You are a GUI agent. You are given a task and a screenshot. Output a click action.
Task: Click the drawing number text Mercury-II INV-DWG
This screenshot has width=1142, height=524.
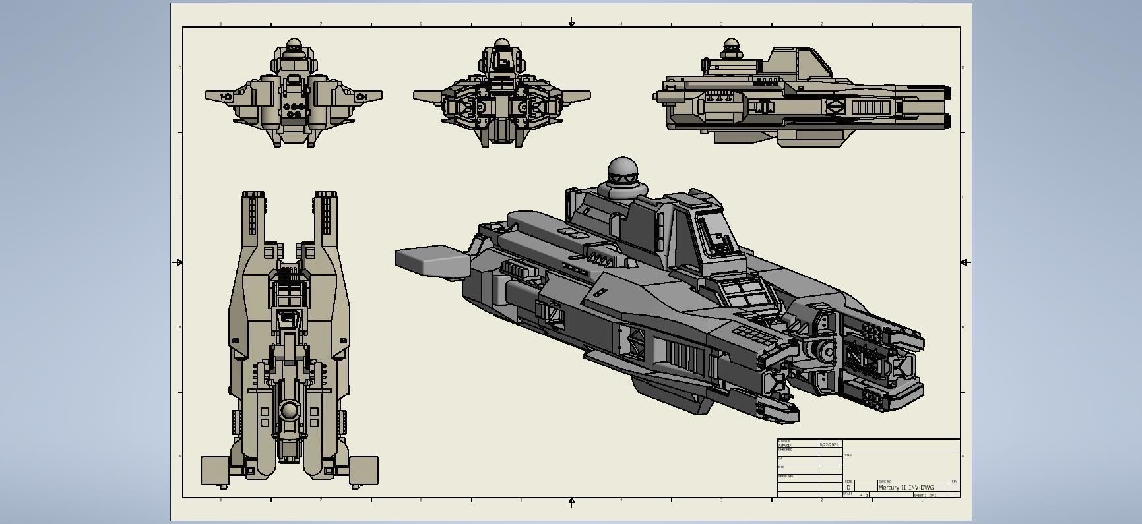(906, 488)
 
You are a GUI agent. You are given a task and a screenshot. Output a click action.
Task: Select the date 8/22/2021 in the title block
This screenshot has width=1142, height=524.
(829, 445)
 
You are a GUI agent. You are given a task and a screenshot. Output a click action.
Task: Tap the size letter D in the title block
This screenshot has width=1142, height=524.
(848, 488)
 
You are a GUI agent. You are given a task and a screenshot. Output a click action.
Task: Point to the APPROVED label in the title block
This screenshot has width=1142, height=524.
(786, 476)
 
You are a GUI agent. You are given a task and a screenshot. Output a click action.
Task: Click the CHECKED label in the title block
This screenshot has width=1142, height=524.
(785, 450)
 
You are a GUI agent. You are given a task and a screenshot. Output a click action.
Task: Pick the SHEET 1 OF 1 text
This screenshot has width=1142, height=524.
(925, 495)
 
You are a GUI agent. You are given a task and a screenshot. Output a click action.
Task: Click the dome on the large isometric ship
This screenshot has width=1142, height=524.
(622, 170)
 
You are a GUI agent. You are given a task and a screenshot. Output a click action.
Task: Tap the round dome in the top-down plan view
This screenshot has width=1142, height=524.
(289, 411)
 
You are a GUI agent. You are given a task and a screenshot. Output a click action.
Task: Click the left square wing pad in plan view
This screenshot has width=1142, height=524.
(214, 470)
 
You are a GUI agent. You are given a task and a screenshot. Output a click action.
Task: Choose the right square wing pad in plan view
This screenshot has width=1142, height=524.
(364, 470)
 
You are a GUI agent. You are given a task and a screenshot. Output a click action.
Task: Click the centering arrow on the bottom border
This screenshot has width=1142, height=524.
(571, 502)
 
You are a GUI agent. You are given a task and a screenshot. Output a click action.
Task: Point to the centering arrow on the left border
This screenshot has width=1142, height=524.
(178, 262)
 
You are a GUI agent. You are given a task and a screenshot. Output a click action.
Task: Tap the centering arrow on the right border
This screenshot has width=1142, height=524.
(965, 262)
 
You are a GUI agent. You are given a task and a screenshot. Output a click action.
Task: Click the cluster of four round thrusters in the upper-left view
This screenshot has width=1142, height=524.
(292, 109)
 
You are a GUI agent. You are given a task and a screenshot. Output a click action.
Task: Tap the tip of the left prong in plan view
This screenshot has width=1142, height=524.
(253, 196)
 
